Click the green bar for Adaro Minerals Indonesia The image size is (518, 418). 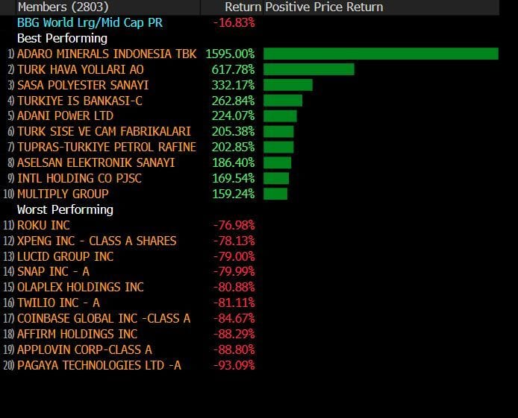381,54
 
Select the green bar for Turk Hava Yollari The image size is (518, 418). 308,69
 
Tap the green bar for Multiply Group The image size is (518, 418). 275,194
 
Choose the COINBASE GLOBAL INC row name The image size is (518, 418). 104,318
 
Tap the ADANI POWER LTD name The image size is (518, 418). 65,116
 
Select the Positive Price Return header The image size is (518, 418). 324,7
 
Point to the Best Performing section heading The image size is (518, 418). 62,38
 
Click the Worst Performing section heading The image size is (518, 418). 65,209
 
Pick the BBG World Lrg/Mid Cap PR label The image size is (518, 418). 90,22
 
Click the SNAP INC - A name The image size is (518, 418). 53,271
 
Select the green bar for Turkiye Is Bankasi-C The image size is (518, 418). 283,101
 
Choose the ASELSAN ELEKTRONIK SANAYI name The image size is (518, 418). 96,162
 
